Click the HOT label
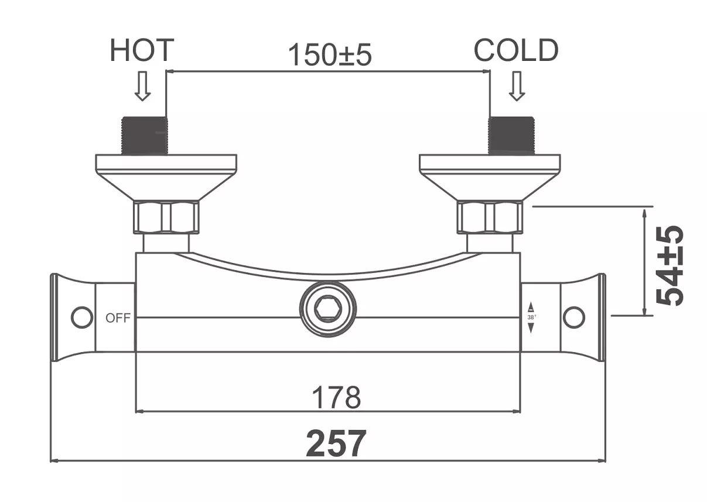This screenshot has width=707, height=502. [x=142, y=50]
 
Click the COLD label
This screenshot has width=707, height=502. [x=516, y=50]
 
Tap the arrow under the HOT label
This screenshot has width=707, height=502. [x=142, y=86]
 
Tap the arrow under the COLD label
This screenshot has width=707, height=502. [x=517, y=86]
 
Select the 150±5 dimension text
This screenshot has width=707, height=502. [x=330, y=54]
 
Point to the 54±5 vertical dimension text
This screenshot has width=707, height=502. [x=669, y=266]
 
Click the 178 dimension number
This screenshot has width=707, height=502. [x=336, y=397]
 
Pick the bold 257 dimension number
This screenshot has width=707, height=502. [x=336, y=443]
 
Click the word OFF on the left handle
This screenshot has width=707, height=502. [x=118, y=318]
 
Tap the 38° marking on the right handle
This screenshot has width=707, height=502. [x=532, y=317]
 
